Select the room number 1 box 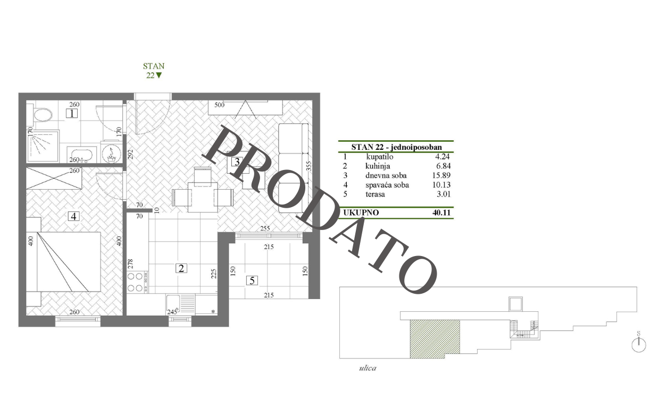pyautogui.click(x=72, y=113)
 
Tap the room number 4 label pyautogui.click(x=73, y=216)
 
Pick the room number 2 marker pyautogui.click(x=181, y=268)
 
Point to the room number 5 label pyautogui.click(x=252, y=280)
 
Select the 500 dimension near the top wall pyautogui.click(x=220, y=105)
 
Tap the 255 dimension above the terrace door pyautogui.click(x=265, y=228)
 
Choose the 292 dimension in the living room pyautogui.click(x=130, y=154)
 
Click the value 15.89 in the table pyautogui.click(x=441, y=175)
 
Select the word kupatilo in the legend pyautogui.click(x=380, y=157)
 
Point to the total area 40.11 pyautogui.click(x=441, y=212)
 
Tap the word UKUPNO pyautogui.click(x=361, y=212)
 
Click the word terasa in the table pyautogui.click(x=375, y=194)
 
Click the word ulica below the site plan pyautogui.click(x=368, y=368)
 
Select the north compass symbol pyautogui.click(x=639, y=343)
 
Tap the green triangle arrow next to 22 pyautogui.click(x=158, y=75)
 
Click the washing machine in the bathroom pyautogui.click(x=112, y=152)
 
